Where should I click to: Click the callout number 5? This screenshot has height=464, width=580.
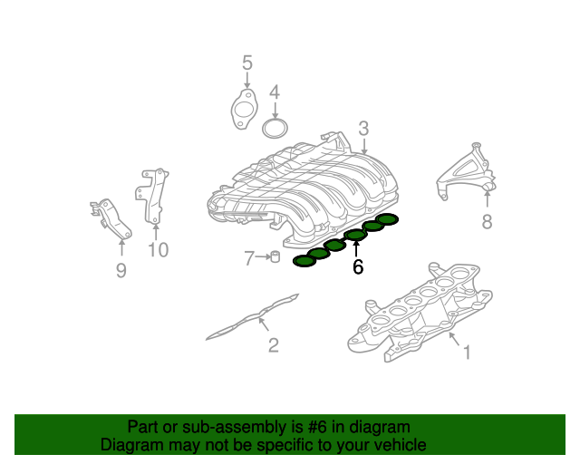[x=246, y=63]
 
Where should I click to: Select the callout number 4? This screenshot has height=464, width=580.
[x=275, y=92]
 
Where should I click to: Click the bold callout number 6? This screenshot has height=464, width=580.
[x=358, y=267]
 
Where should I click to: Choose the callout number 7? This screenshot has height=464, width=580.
[x=249, y=258]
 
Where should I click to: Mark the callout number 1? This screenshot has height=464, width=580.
[x=467, y=352]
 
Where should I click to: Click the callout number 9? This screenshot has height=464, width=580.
[x=121, y=270]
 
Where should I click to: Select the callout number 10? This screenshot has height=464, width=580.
[x=158, y=249]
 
